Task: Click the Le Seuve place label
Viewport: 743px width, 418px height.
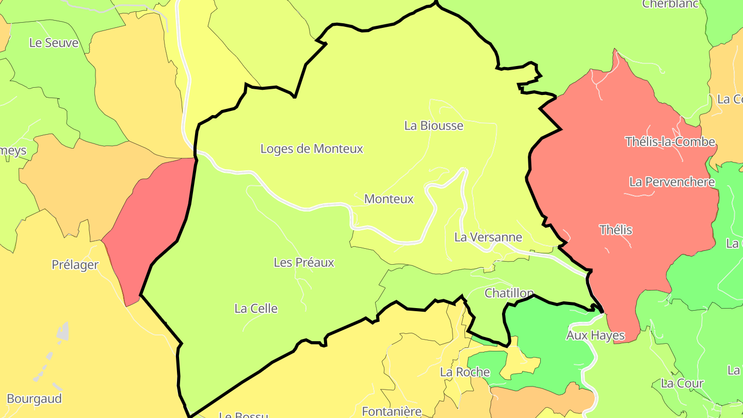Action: coord(54,43)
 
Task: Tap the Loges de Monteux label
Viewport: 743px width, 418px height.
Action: coord(312,149)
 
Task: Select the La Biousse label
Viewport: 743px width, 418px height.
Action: coord(433,126)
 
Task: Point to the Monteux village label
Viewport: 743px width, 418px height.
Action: coord(389,199)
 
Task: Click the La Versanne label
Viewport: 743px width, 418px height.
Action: coord(488,237)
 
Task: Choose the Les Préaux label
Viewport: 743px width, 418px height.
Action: coord(304,263)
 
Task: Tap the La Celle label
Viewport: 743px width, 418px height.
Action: coord(256,309)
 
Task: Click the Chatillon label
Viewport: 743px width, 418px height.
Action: coord(509,294)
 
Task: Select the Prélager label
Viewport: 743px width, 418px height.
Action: coord(75,265)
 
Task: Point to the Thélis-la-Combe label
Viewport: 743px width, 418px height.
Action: coord(670,142)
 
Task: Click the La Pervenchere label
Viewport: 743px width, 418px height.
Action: coord(672,182)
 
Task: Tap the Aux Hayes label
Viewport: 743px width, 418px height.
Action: coord(595,335)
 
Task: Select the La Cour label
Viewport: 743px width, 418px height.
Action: coord(682,383)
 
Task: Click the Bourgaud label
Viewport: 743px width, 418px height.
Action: coord(34,399)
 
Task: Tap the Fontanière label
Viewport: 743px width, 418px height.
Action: coord(392,411)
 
